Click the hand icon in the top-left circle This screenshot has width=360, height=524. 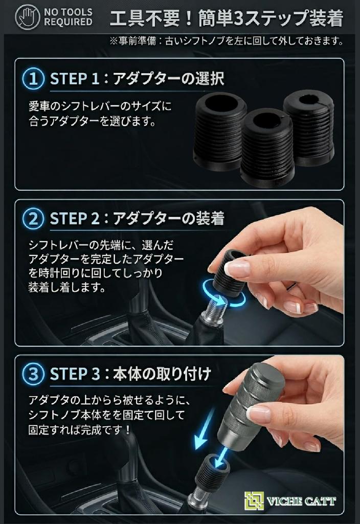point(28,16)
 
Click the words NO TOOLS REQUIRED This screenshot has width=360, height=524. point(68,17)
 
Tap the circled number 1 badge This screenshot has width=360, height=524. point(33,78)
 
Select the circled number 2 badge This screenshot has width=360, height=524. point(33,219)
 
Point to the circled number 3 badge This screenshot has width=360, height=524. point(33,374)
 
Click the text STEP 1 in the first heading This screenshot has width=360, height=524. point(75,79)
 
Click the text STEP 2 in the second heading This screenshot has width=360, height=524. point(75,219)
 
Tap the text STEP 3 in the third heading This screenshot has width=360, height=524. point(75,374)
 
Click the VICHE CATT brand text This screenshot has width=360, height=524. point(301,501)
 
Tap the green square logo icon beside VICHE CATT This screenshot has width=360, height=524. point(254,500)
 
